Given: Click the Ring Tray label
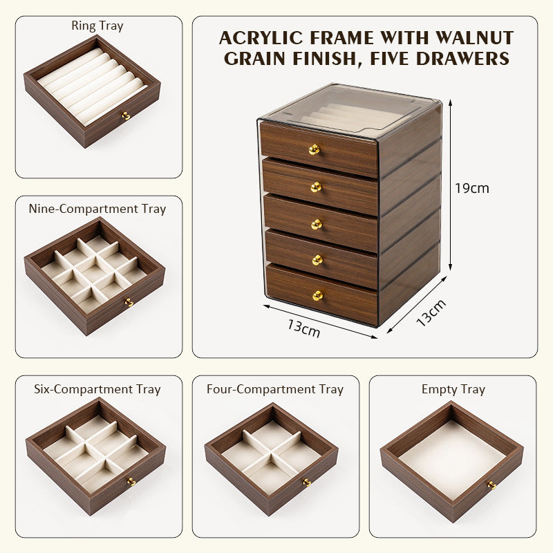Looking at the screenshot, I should point(97,26).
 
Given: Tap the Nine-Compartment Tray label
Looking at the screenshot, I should point(97,209).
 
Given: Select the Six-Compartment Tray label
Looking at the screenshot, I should point(97,389).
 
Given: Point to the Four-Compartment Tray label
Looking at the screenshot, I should point(275,389).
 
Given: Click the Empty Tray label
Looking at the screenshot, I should point(453,389).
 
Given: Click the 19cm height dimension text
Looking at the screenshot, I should point(471,188).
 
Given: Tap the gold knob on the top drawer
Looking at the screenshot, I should point(314,149).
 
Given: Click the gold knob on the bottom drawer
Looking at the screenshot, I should point(317,295).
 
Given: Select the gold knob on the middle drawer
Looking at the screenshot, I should point(316,224).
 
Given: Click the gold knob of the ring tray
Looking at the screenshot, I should point(126,116).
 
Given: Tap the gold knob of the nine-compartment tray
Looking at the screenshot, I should point(129,302).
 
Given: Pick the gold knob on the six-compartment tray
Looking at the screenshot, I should point(130,481).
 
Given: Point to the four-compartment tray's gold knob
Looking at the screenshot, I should point(307,482).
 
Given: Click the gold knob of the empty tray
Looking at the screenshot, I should point(491,485).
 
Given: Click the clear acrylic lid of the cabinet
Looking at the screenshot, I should point(349,111).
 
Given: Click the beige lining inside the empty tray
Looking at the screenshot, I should point(451,456).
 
